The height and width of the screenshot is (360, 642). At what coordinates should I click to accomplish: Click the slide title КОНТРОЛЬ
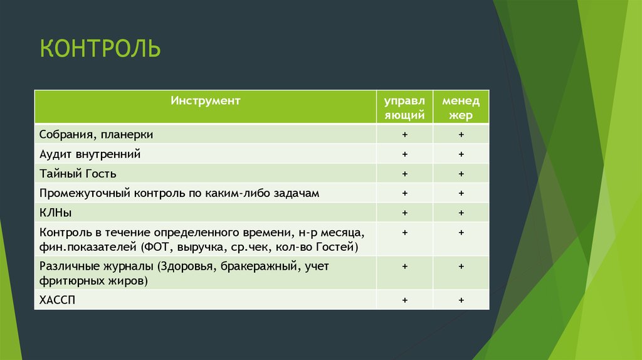pos(100,48)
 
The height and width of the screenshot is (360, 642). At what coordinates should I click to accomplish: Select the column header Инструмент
pos(205,100)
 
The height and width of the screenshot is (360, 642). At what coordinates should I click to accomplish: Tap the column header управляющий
pos(404,107)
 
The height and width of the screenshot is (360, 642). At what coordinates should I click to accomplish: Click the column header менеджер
pos(461,107)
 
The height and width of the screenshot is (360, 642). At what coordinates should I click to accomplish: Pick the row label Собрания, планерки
pos(96,134)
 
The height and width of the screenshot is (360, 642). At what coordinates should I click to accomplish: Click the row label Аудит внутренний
pos(90,154)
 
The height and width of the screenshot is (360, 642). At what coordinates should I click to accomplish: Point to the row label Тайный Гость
pos(78,174)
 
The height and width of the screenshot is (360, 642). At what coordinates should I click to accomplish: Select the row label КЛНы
pos(55,213)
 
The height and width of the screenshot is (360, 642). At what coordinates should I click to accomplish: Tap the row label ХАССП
pos(57,300)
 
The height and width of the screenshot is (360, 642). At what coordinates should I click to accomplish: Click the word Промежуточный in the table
pos(84,193)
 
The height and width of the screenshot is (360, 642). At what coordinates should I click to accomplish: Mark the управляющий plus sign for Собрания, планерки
pos(405,134)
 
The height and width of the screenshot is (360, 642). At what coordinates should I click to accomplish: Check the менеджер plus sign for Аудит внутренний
pos(461,154)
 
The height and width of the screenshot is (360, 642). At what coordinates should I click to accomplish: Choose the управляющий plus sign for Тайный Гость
pos(405,174)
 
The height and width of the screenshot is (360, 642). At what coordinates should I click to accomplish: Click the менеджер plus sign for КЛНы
pos(461,213)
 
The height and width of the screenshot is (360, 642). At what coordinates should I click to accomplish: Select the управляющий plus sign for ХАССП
pos(405,300)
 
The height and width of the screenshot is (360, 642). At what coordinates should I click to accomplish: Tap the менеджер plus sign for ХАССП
pos(461,300)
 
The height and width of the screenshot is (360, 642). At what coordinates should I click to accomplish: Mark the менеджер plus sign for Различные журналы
pos(461,267)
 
